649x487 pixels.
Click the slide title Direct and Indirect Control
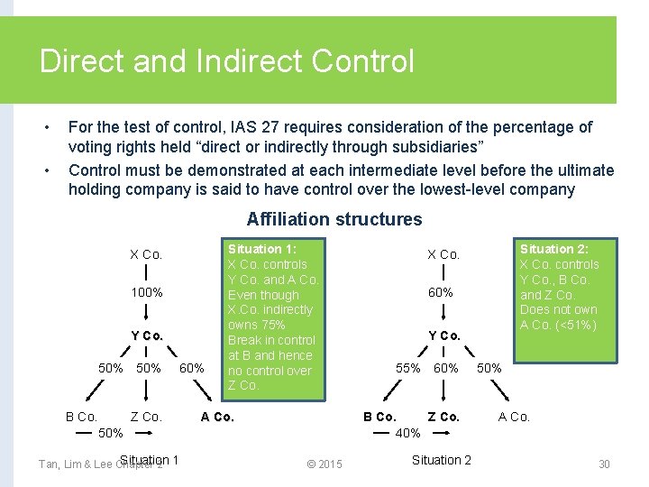coord(227,61)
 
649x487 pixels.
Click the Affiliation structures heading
coord(334,219)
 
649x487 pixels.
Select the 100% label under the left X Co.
coord(147,292)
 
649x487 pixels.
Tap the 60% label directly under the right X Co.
coord(441,292)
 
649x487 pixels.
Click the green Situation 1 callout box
coord(272,317)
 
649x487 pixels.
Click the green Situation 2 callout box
coord(559,286)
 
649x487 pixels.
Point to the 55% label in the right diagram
coord(408,368)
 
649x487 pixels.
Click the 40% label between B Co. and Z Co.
coord(408,433)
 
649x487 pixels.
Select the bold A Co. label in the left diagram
coord(217,417)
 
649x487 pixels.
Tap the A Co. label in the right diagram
coord(515,417)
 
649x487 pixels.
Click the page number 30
coord(604,464)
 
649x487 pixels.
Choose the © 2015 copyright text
coord(324,464)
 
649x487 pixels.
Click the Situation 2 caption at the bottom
coord(441,460)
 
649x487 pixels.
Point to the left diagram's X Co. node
coord(146,254)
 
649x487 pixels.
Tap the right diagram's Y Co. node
coord(443,335)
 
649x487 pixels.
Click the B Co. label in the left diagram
coord(81,417)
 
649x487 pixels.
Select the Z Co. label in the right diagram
coord(443,417)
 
